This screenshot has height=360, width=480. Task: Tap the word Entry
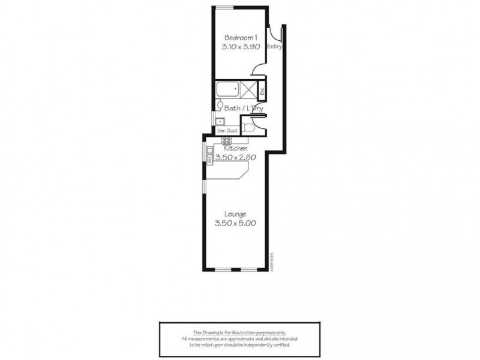tap(274, 46)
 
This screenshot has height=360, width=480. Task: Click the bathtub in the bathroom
tap(227, 91)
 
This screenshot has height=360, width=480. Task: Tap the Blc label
tap(262, 92)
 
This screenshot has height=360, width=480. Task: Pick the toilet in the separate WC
tap(250, 127)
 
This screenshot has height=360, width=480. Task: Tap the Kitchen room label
tap(236, 148)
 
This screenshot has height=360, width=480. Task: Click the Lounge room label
tap(235, 214)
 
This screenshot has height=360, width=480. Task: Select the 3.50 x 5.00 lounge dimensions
tap(235, 224)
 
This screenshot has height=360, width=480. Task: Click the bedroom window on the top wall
tap(225, 7)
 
